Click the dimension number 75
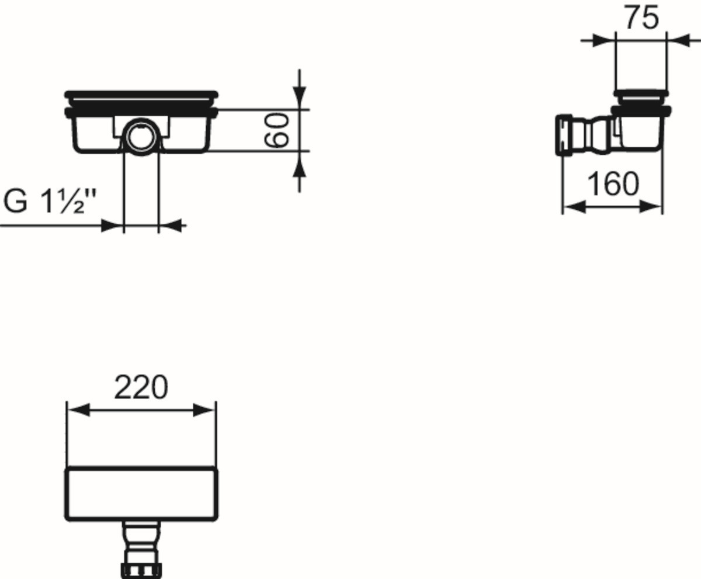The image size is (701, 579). pos(641,18)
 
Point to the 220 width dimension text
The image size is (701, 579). pos(141,387)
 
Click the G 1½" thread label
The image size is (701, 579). pos(49,201)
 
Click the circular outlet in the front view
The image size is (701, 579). pos(141,137)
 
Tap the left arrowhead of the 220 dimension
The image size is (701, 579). pos(78,410)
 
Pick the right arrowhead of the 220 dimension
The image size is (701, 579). pos(203,410)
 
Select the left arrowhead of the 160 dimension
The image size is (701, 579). pos(574,207)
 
